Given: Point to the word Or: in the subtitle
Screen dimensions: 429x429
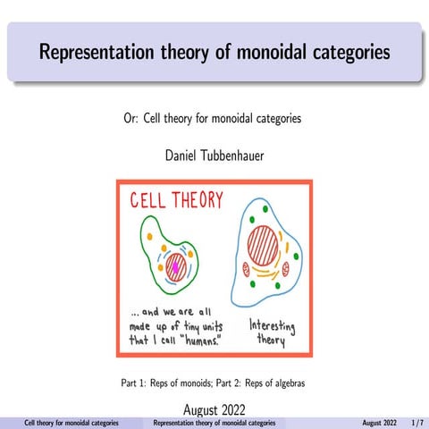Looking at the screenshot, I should point(132,117).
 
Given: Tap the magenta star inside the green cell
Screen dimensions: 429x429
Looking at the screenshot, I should point(176,265).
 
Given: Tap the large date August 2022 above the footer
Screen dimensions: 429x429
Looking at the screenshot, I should point(214,409).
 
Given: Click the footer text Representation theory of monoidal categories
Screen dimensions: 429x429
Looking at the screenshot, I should point(214,421).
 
